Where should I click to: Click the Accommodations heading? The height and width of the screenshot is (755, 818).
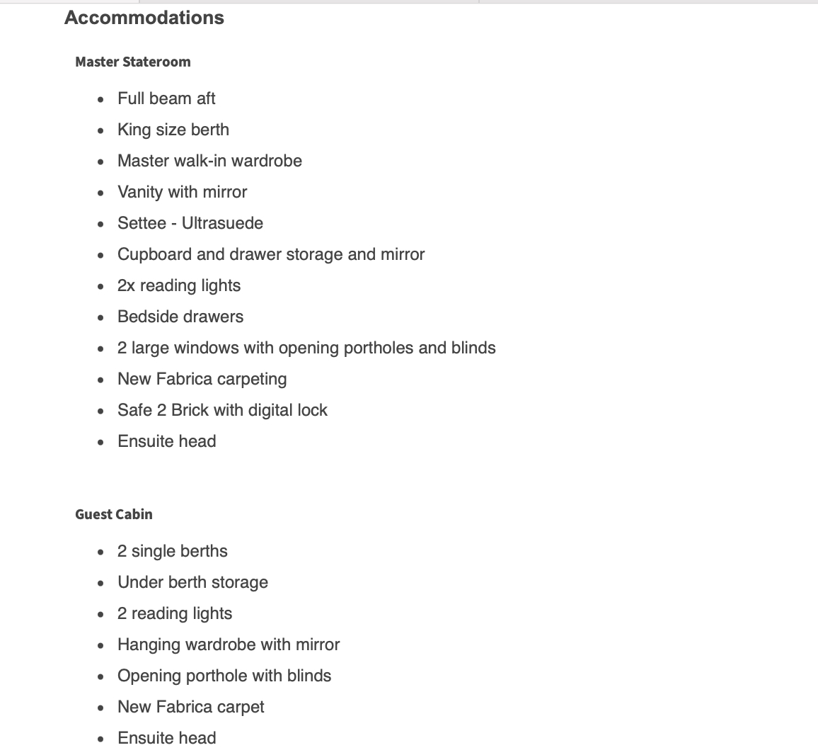coord(144,18)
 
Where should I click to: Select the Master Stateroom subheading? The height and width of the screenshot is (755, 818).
coord(133,62)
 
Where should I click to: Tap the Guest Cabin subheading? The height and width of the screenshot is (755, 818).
coord(114,514)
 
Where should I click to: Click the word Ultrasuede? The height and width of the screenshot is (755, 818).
coord(222,223)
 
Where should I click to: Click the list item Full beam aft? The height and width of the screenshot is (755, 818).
coord(166,98)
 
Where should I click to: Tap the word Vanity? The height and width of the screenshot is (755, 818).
coord(140,192)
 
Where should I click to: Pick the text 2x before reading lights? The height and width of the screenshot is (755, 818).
coord(127,285)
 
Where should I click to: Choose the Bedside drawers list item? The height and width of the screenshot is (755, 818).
coord(180,317)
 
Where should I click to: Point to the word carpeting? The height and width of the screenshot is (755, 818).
coord(252,379)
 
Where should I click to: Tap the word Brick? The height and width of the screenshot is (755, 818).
coord(190,410)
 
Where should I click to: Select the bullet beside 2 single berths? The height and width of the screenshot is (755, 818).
coord(102,552)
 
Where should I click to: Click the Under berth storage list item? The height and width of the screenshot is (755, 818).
coord(192,582)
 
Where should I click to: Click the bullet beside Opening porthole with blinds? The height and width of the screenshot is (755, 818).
coord(102,676)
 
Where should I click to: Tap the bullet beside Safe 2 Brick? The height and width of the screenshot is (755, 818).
coord(102,411)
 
